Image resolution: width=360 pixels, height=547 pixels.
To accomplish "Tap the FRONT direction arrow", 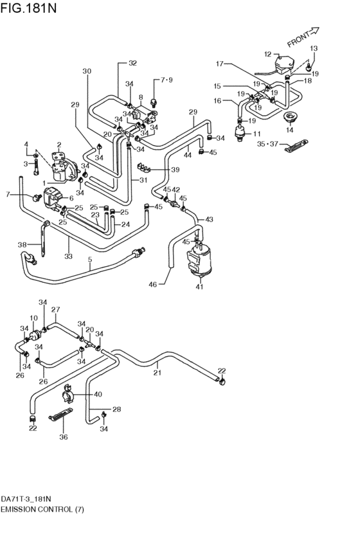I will click(303, 37).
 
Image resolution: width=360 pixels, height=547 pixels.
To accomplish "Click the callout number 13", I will click(314, 49).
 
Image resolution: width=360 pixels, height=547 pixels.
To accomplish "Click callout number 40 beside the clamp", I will click(98, 394).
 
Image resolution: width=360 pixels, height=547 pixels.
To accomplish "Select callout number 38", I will click(22, 244).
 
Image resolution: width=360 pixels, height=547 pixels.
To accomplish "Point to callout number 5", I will click(90, 260).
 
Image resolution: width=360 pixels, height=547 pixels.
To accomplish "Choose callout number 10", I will click(33, 318).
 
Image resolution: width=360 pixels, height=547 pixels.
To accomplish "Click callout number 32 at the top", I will click(132, 63).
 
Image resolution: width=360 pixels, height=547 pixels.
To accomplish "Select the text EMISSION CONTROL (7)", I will click(42, 509).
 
